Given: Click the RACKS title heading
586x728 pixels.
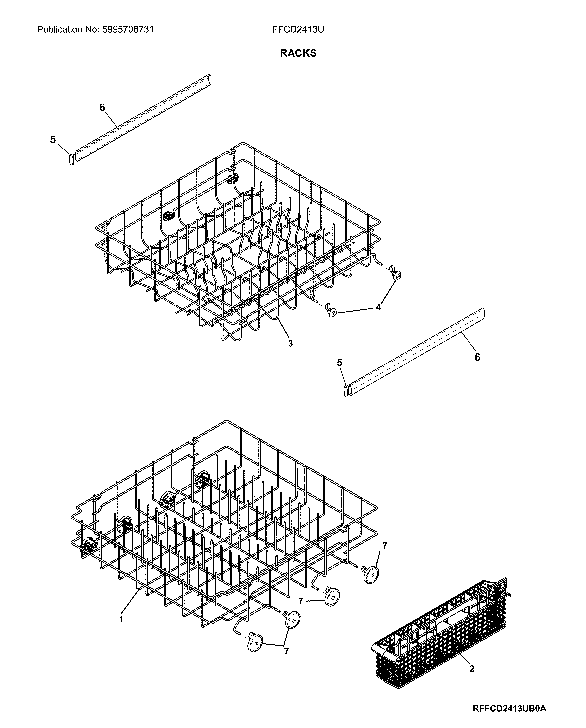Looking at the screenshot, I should coord(298,53).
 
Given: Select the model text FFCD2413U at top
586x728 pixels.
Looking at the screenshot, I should coord(298,29).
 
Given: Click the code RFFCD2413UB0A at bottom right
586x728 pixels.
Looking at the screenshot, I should coord(509,706).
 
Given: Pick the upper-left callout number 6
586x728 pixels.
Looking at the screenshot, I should coord(102,107).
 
